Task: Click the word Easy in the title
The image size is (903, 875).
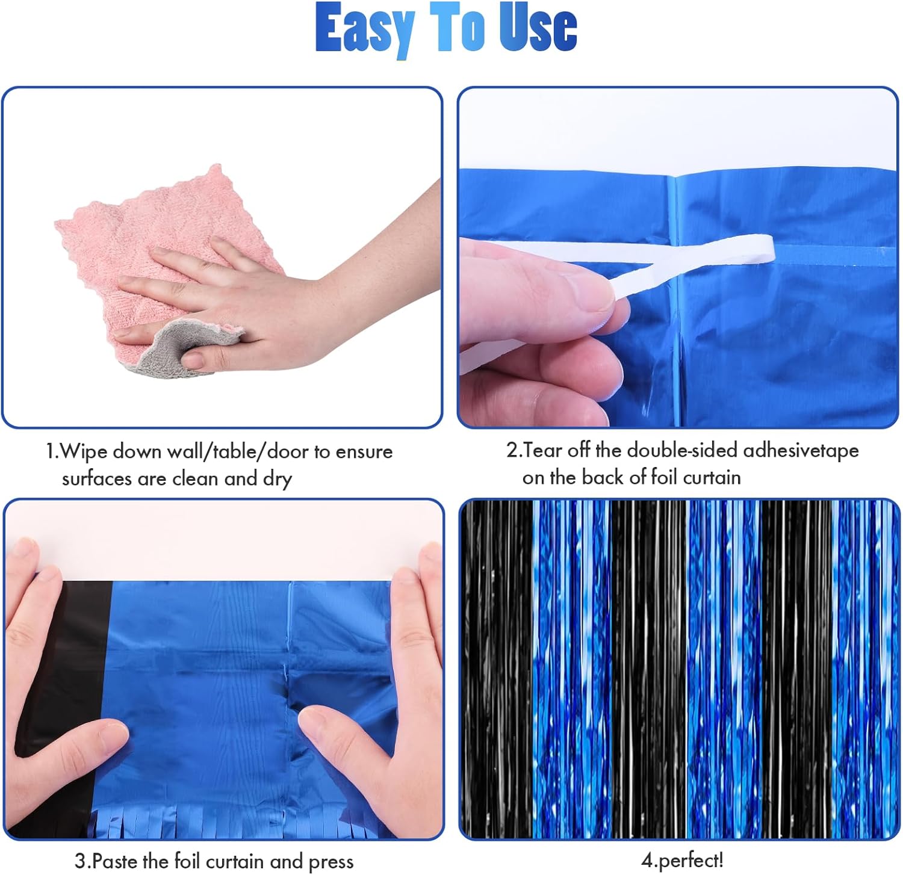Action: coord(365,29)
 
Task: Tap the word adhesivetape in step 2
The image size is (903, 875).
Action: coord(801,451)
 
